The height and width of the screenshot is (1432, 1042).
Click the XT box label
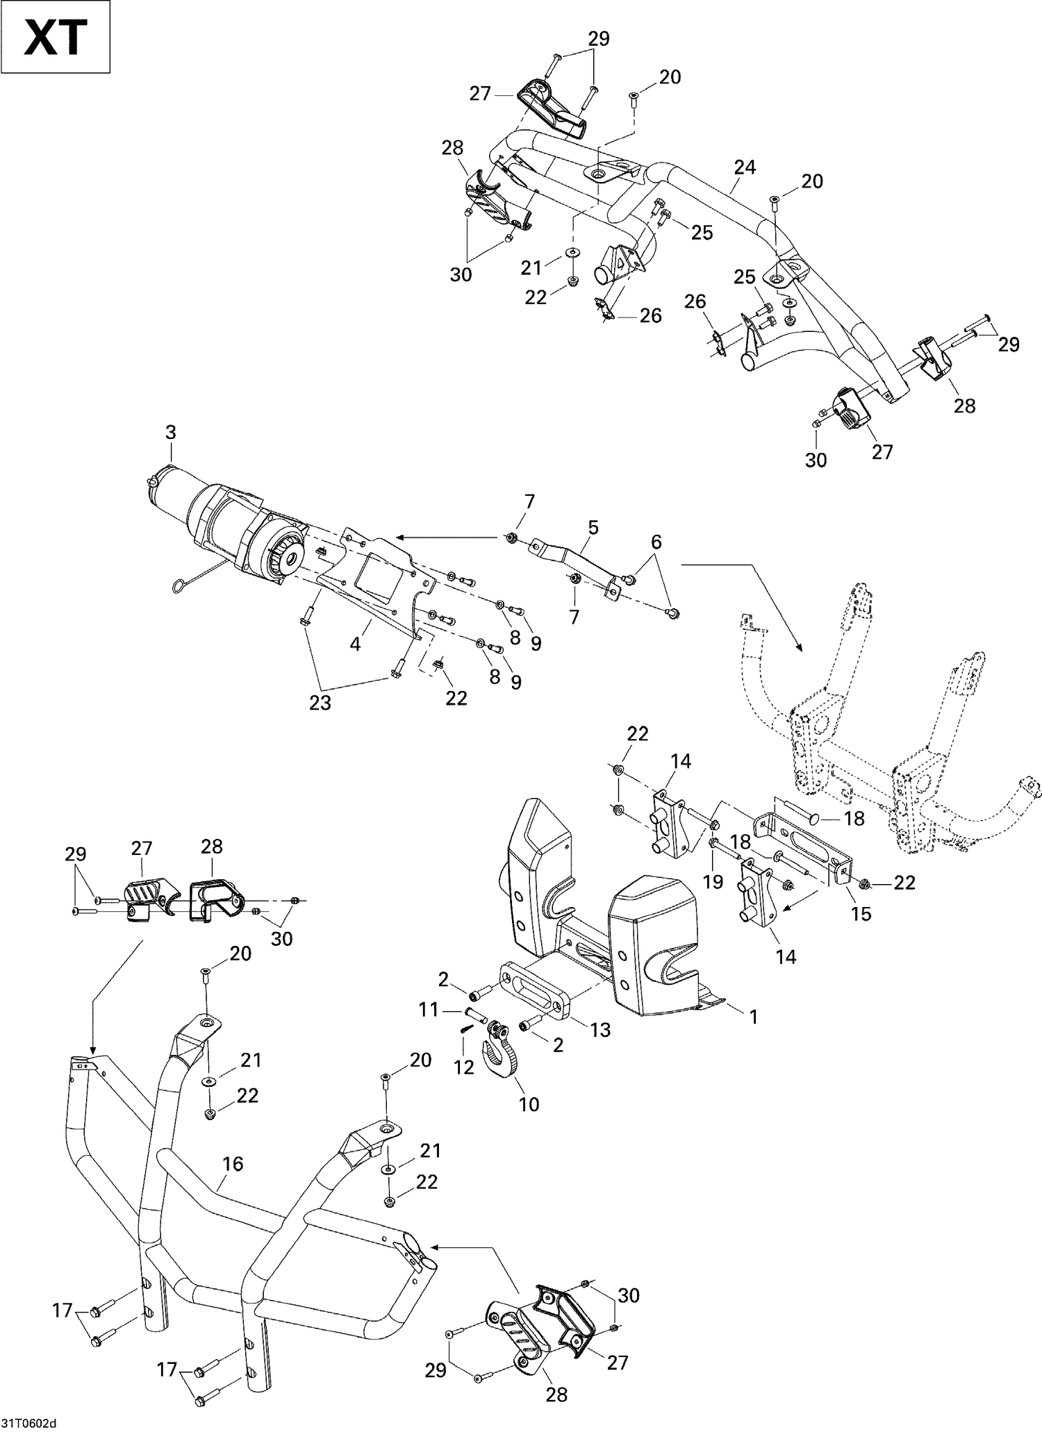coord(56,37)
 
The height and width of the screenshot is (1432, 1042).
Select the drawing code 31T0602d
coord(31,1420)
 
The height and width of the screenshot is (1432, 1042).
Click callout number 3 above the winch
coord(170,433)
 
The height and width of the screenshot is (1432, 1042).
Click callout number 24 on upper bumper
coord(745,168)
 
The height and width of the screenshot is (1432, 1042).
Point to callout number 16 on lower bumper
coord(233,1163)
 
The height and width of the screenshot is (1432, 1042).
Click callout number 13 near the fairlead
coord(600,1029)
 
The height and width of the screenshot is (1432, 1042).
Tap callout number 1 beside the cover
coord(753,1017)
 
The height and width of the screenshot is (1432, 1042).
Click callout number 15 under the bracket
coord(861,913)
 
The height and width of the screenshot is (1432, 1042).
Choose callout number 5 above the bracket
coord(593,527)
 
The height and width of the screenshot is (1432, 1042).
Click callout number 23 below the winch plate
coord(320,703)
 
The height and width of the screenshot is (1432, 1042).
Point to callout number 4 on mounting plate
coord(355,644)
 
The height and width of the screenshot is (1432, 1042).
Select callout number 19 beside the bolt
coord(713,881)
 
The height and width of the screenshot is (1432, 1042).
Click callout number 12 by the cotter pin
coord(463,1067)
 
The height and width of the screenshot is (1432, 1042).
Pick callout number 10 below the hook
coord(529,1104)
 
